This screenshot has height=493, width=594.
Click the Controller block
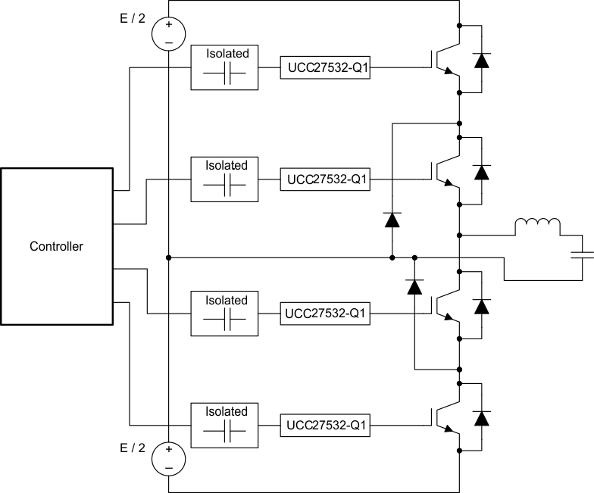[x=56, y=246]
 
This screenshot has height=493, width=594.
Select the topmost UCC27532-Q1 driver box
[x=325, y=67]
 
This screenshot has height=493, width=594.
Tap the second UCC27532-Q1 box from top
[x=325, y=180]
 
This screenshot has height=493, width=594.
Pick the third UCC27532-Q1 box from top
[x=325, y=314]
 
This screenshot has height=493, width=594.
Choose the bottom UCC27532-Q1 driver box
[x=325, y=426]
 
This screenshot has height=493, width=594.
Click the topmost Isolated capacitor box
[x=225, y=67]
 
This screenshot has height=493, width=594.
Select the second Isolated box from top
[x=225, y=179]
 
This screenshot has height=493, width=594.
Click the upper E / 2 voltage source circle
[x=168, y=34]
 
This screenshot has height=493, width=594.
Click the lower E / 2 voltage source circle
[x=168, y=459]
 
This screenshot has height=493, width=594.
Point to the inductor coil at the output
[x=537, y=226]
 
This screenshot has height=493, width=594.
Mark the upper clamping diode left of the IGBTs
[x=392, y=220]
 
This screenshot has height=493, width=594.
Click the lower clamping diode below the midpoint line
[x=414, y=287]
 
